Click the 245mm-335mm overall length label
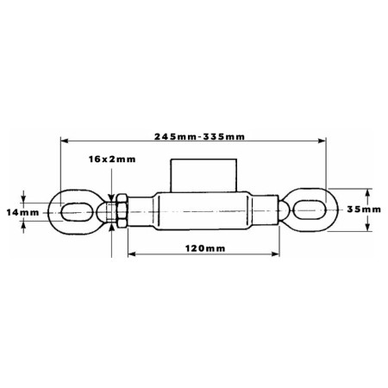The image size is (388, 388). click(199, 136)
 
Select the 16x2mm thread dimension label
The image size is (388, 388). click(112, 159)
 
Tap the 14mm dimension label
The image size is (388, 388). click(22, 213)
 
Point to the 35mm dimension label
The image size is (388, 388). click(364, 210)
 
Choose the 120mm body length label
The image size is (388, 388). click(205, 248)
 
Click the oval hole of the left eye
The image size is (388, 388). click(78, 212)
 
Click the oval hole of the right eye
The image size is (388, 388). click(310, 210)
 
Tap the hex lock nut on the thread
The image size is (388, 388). click(122, 211)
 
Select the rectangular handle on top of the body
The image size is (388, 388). click(203, 175)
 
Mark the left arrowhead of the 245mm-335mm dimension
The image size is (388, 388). click(65, 141)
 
